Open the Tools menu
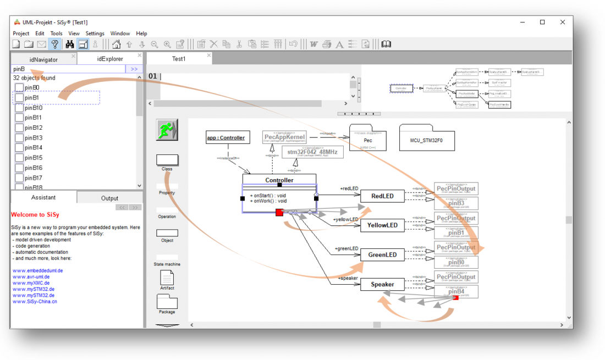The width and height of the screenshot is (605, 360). pyautogui.click(x=57, y=34)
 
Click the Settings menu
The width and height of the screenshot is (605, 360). pyautogui.click(x=95, y=34)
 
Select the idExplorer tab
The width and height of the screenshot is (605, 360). pyautogui.click(x=110, y=59)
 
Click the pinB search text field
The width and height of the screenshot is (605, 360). pyautogui.click(x=68, y=69)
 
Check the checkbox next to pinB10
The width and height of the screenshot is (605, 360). pyautogui.click(x=19, y=108)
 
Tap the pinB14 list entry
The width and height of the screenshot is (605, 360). pyautogui.click(x=34, y=148)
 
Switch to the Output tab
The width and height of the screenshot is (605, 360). pyautogui.click(x=109, y=198)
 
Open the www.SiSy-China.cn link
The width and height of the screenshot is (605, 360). pyautogui.click(x=35, y=301)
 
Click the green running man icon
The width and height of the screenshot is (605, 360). pyautogui.click(x=167, y=130)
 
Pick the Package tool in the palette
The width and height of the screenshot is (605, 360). pyautogui.click(x=167, y=302)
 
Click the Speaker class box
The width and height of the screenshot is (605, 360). pyautogui.click(x=382, y=284)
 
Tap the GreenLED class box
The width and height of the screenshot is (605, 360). pyautogui.click(x=382, y=254)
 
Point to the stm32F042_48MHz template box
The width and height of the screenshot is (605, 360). pyautogui.click(x=312, y=152)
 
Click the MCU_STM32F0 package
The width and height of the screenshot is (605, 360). pyautogui.click(x=426, y=138)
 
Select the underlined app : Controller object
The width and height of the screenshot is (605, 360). pyautogui.click(x=226, y=138)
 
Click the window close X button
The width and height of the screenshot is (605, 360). pyautogui.click(x=563, y=23)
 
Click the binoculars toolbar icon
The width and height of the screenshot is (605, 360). pyautogui.click(x=70, y=45)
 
